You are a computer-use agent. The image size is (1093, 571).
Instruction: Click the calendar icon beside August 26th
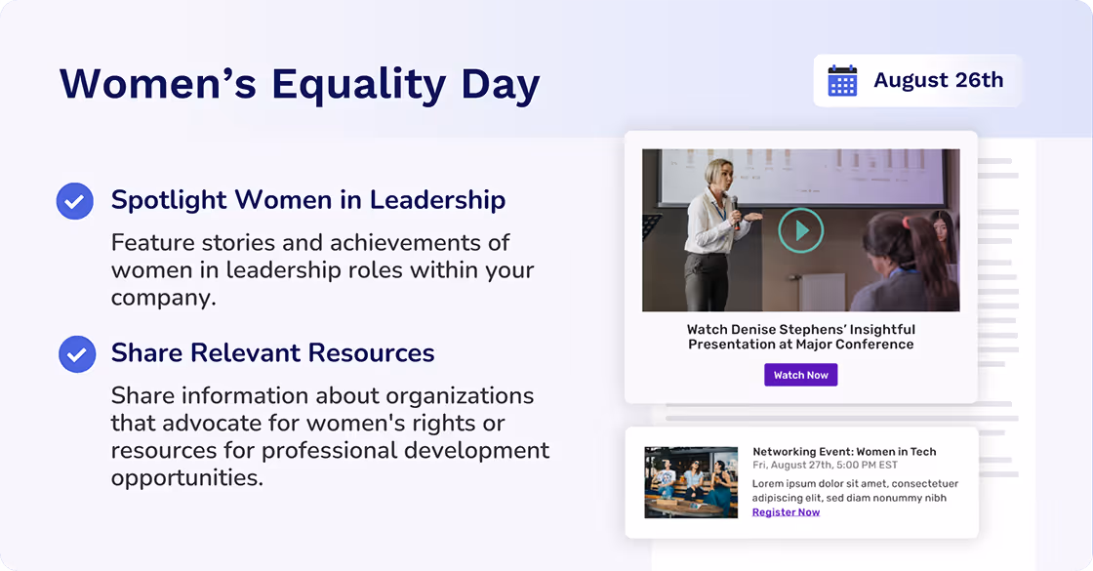click(x=842, y=81)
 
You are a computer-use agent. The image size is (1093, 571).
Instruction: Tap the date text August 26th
click(x=938, y=80)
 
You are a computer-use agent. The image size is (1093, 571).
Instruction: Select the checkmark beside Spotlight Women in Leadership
click(x=75, y=201)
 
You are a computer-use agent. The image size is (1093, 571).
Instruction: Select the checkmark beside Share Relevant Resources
click(x=77, y=353)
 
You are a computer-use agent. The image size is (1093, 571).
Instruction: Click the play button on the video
click(x=800, y=230)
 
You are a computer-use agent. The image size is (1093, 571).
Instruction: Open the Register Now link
click(x=786, y=512)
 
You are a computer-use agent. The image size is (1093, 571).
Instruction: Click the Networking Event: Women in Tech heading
click(x=844, y=451)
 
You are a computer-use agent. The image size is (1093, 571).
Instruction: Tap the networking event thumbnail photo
click(x=691, y=482)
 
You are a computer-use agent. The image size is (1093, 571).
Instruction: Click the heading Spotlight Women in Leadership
click(x=307, y=200)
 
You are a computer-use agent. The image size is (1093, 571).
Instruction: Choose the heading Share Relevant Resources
click(x=272, y=352)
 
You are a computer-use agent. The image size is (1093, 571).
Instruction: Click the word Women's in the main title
click(x=158, y=84)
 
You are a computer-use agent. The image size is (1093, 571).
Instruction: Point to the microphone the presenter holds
click(x=734, y=206)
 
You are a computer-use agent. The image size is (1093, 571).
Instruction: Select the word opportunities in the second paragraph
click(x=186, y=478)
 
